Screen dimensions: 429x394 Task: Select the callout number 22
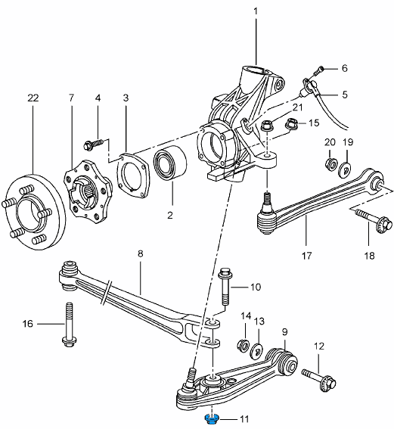coord(32,98)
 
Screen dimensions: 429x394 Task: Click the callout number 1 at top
coord(256,11)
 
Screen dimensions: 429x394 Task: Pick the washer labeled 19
coord(345,166)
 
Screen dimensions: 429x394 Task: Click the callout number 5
coord(344,95)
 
